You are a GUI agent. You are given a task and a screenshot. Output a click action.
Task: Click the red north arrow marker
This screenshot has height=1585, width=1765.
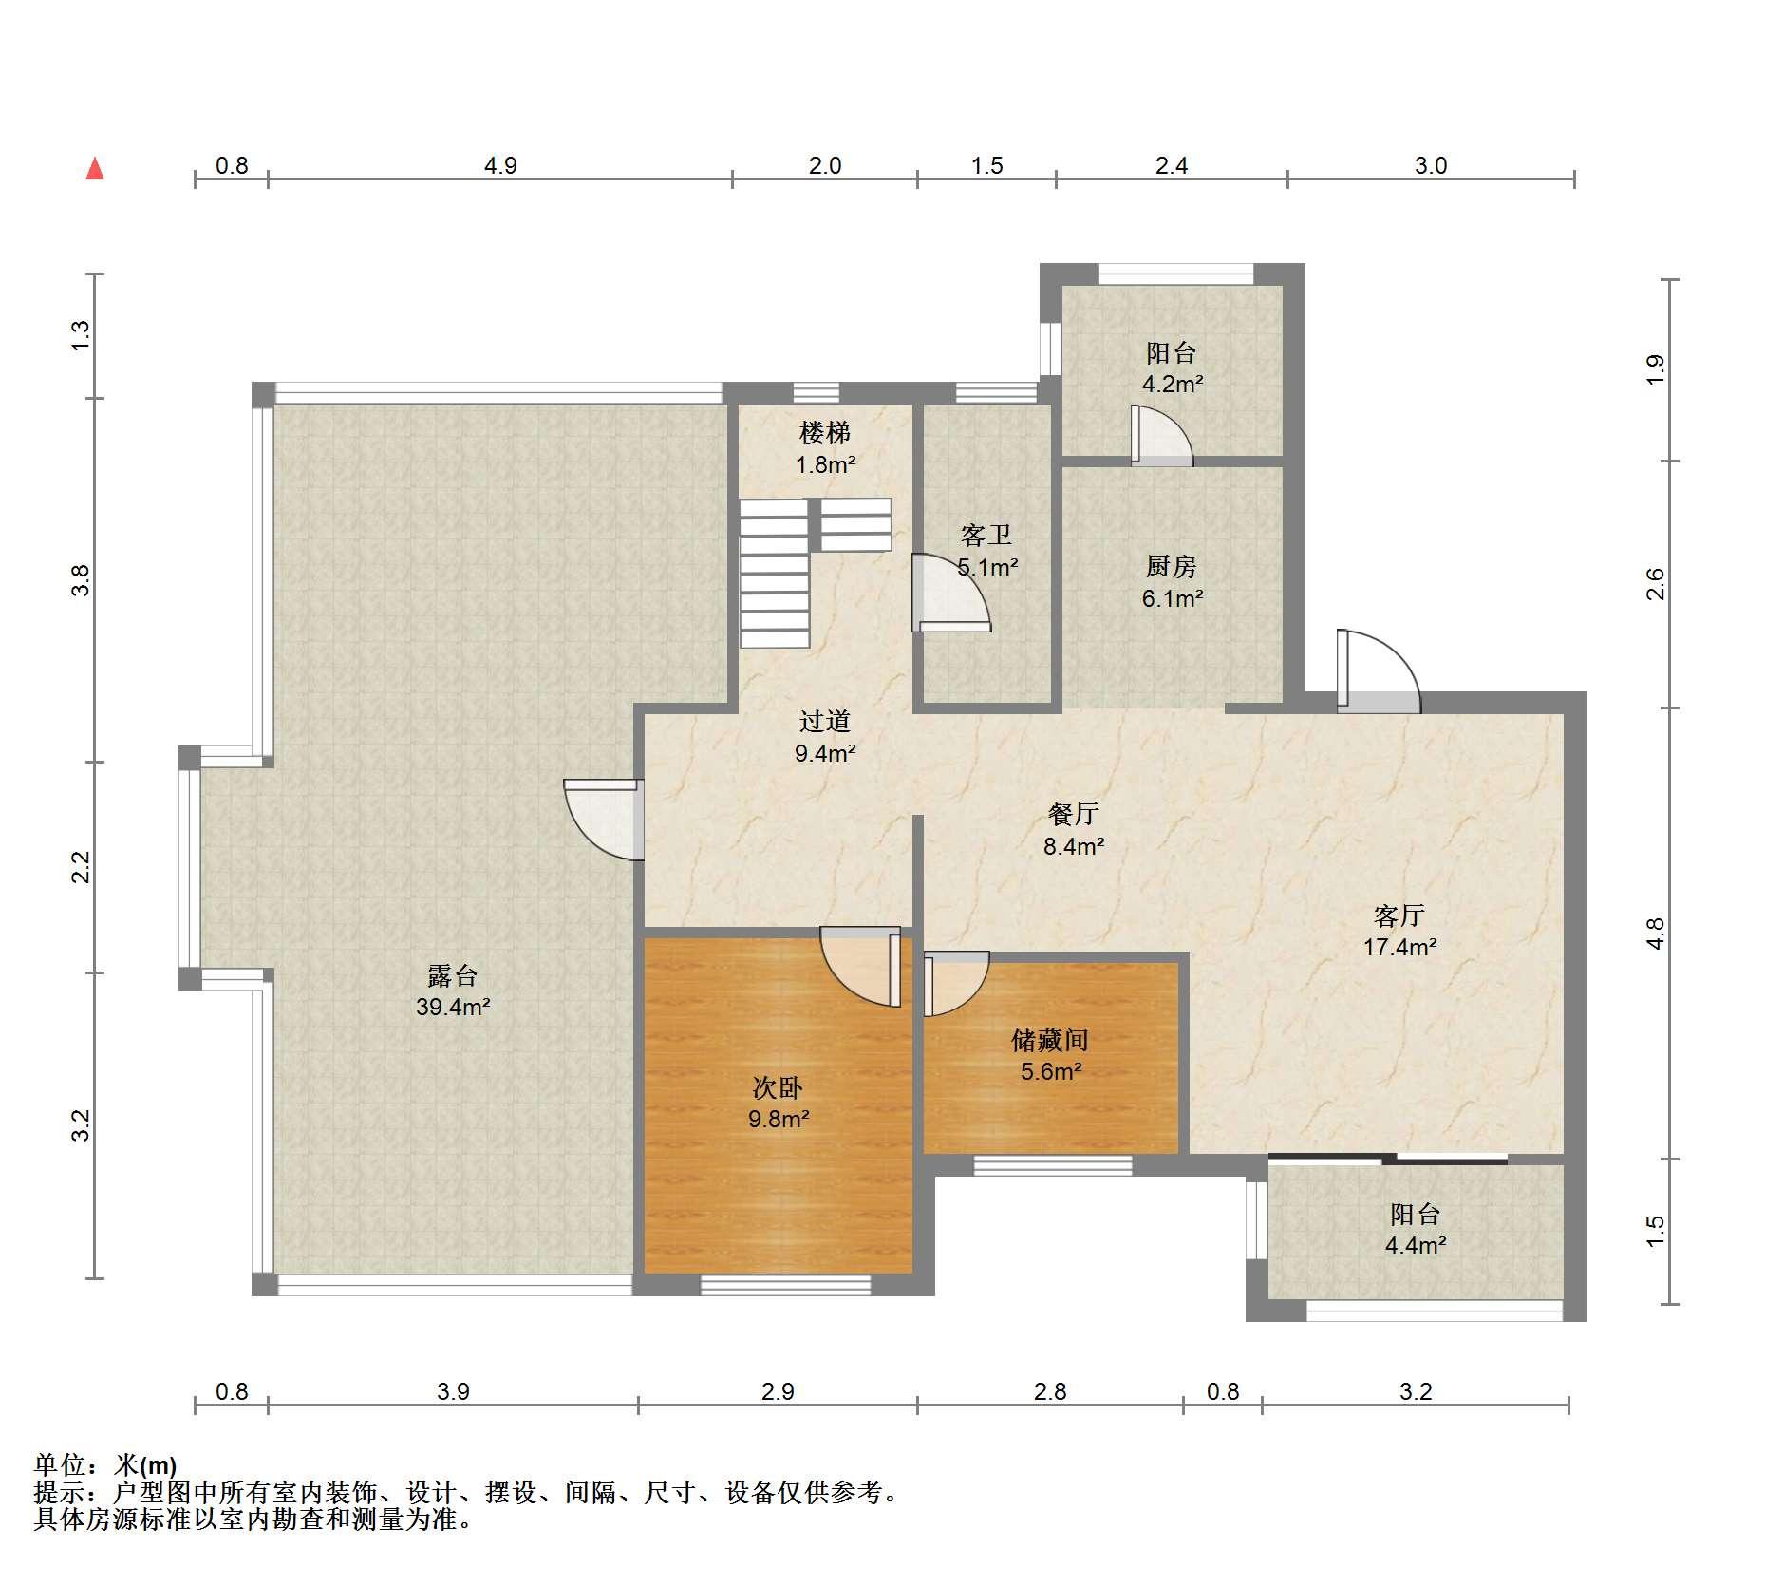[x=95, y=169]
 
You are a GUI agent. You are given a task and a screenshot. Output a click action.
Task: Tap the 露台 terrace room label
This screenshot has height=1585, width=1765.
[x=453, y=975]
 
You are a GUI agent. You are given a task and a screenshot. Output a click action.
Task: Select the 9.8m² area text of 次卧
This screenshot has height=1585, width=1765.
[x=779, y=1119]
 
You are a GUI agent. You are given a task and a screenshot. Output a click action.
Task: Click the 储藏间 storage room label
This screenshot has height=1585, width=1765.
[x=1049, y=1040]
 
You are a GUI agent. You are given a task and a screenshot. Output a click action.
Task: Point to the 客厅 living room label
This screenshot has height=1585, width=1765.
[x=1399, y=915]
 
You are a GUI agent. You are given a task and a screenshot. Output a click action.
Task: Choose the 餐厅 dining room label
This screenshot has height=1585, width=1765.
[x=1074, y=814]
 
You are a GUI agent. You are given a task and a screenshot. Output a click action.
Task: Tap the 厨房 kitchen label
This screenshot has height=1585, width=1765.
[x=1172, y=567]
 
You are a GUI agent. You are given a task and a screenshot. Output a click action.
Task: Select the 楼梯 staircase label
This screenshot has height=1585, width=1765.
[x=825, y=433]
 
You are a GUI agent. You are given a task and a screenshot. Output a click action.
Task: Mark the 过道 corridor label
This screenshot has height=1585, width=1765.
[x=825, y=722]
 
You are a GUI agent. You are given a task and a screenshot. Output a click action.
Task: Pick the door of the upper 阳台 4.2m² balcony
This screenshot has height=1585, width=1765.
[x=1161, y=436]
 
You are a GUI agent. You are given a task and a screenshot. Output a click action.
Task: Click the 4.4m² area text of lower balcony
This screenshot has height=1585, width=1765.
[x=1416, y=1245]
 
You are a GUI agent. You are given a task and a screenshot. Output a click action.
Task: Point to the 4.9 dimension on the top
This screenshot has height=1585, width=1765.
[x=500, y=165]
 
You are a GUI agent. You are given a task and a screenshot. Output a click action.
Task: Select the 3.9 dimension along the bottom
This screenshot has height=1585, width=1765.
[x=454, y=1391]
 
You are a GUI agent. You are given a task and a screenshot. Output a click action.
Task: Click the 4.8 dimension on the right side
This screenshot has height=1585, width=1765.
[x=1656, y=933]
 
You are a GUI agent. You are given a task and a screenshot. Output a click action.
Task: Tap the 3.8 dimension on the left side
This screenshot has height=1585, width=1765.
[x=82, y=580]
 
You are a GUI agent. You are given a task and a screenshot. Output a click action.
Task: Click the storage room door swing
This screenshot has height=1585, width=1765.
[x=957, y=984]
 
